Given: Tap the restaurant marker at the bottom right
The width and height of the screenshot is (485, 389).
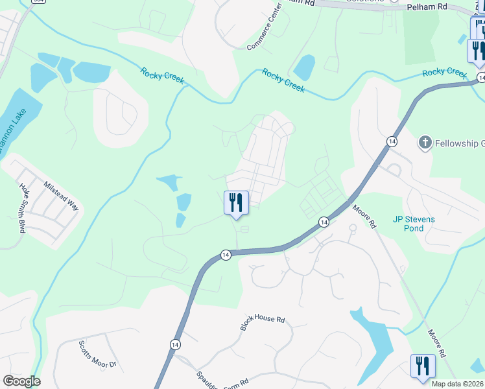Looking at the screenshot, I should tap(422, 366).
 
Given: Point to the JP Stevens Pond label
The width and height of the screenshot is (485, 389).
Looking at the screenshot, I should tap(414, 224).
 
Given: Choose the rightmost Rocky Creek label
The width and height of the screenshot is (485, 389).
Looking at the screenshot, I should tap(444, 73).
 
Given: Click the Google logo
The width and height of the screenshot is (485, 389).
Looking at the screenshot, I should tap(21, 381).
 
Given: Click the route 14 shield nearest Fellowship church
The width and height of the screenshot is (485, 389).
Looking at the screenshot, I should tap(391, 141).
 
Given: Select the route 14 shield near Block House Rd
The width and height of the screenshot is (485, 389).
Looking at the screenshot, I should tap(175, 345).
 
